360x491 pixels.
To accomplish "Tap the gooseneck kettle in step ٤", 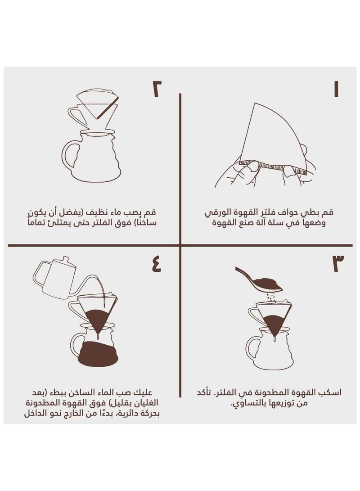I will (x=56, y=275).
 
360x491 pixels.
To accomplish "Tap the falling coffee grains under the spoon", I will (x=270, y=297).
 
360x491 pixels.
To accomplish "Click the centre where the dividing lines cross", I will (x=180, y=246).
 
